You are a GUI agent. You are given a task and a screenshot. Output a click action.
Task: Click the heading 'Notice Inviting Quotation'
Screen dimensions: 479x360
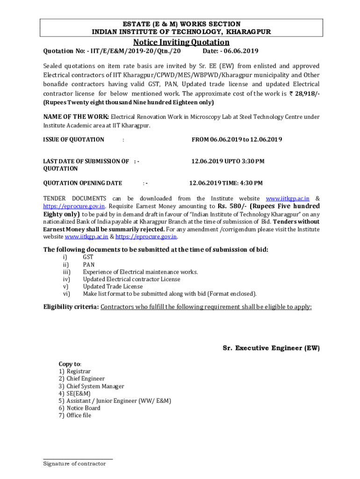coord(181,42)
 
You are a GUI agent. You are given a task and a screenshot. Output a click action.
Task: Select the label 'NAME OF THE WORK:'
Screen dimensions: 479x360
coord(76,116)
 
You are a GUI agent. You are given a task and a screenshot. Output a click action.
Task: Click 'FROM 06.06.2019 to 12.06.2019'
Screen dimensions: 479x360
coord(237,139)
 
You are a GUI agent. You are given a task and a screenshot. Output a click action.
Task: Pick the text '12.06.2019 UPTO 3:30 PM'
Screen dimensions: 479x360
coord(228,161)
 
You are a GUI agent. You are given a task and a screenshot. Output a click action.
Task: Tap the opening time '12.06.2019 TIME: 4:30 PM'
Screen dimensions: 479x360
coord(225,183)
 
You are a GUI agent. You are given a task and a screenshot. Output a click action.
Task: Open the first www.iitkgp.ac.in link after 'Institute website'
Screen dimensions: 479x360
coord(288,199)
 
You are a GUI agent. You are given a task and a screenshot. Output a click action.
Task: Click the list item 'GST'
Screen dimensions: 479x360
coord(88,257)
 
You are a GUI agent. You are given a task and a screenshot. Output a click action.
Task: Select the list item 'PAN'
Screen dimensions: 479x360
coord(88,264)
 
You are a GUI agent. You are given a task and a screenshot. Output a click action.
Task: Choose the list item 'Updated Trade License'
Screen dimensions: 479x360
coord(113,286)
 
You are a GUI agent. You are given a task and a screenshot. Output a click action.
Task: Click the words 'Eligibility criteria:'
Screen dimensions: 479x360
coord(71,307)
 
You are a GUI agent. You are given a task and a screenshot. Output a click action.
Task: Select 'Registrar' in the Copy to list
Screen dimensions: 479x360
coord(79,371)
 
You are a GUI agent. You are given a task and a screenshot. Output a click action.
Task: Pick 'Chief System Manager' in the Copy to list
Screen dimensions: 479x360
coord(95,386)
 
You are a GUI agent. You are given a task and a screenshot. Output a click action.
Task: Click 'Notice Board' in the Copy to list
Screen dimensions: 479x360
coord(83,408)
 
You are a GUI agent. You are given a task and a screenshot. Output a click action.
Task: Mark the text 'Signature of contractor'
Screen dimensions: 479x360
coord(74,464)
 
